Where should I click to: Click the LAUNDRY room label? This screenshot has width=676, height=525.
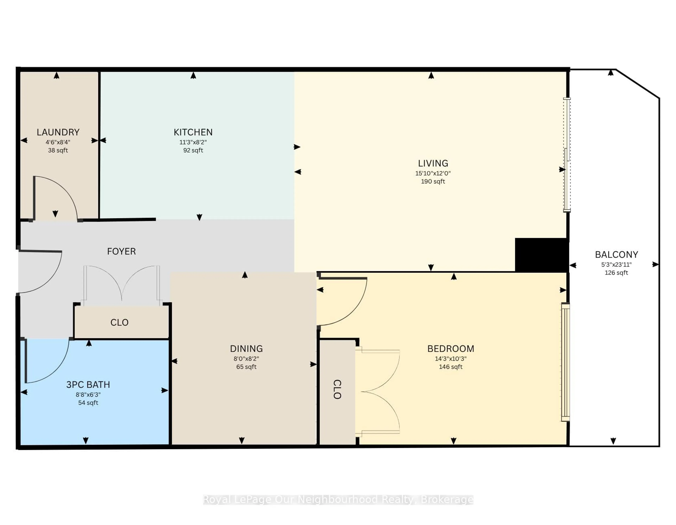(x=58, y=132)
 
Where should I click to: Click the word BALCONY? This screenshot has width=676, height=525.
(x=616, y=255)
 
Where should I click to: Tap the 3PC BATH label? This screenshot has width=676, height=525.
(x=88, y=385)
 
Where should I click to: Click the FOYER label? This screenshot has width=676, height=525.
(x=121, y=251)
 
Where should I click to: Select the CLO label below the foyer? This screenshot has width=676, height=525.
(x=119, y=322)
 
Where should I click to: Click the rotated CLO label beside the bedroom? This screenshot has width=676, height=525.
(x=337, y=389)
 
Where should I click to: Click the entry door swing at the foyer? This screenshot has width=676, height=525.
(x=43, y=273)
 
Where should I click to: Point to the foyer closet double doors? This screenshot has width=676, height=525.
(x=122, y=283)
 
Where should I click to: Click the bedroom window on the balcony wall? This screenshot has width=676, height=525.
(x=565, y=362)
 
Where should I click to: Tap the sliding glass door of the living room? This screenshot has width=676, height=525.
(x=567, y=155)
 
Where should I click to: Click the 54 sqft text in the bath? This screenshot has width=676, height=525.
(x=88, y=403)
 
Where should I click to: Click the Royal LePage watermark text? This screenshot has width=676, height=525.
(x=338, y=500)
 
